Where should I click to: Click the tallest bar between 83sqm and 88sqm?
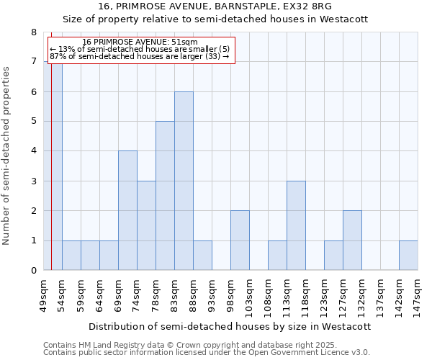tap(184, 181)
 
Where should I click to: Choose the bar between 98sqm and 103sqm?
tap(240, 240)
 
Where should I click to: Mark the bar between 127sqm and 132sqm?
tap(352, 240)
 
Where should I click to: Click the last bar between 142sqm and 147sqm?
tap(408, 256)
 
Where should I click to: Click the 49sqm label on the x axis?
tap(43, 292)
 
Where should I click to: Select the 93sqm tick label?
tap(212, 292)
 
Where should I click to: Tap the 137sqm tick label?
tap(380, 292)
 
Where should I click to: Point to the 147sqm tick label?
tap(418, 292)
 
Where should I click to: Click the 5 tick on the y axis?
tap(33, 122)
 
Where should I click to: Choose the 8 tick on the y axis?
tap(33, 32)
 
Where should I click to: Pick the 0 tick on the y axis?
tap(33, 271)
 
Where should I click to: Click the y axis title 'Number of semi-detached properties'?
tap(7, 156)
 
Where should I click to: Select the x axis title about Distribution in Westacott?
tap(230, 326)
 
